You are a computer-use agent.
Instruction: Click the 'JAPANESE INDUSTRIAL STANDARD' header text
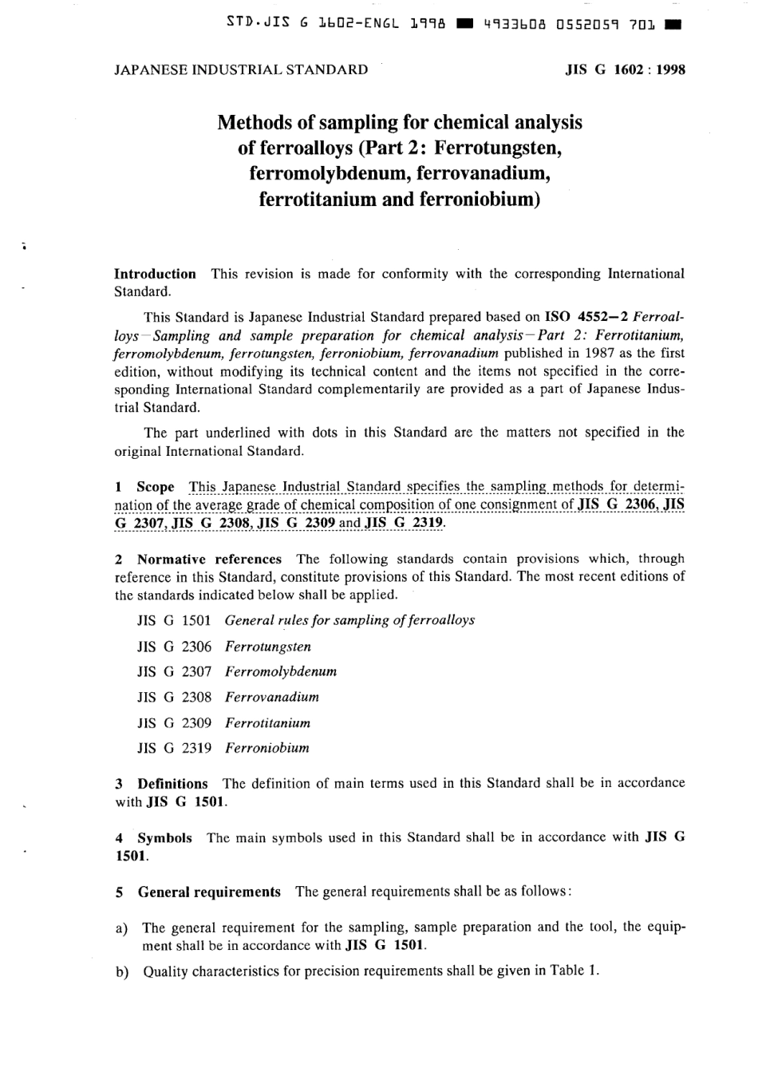(x=241, y=69)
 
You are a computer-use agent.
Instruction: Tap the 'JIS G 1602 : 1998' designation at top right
(x=625, y=69)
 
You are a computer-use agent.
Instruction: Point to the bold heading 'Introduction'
(x=155, y=274)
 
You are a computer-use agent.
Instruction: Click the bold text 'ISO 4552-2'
(x=586, y=317)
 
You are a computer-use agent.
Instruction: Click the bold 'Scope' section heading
(x=155, y=487)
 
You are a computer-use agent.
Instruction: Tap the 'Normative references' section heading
(x=209, y=560)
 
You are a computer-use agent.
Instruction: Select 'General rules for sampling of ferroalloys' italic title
(x=349, y=620)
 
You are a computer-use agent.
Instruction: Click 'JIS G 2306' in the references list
(x=174, y=647)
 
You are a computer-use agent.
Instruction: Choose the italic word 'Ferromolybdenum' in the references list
(x=281, y=671)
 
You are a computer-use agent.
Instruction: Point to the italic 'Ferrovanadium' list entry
(x=272, y=697)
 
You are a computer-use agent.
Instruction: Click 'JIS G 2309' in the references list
(x=174, y=723)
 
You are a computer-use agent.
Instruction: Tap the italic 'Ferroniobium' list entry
(x=267, y=748)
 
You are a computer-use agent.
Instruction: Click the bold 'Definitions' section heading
(x=172, y=784)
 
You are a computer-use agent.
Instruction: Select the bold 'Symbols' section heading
(x=164, y=838)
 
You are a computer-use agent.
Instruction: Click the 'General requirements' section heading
(x=209, y=892)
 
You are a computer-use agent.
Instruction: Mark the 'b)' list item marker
(x=122, y=972)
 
